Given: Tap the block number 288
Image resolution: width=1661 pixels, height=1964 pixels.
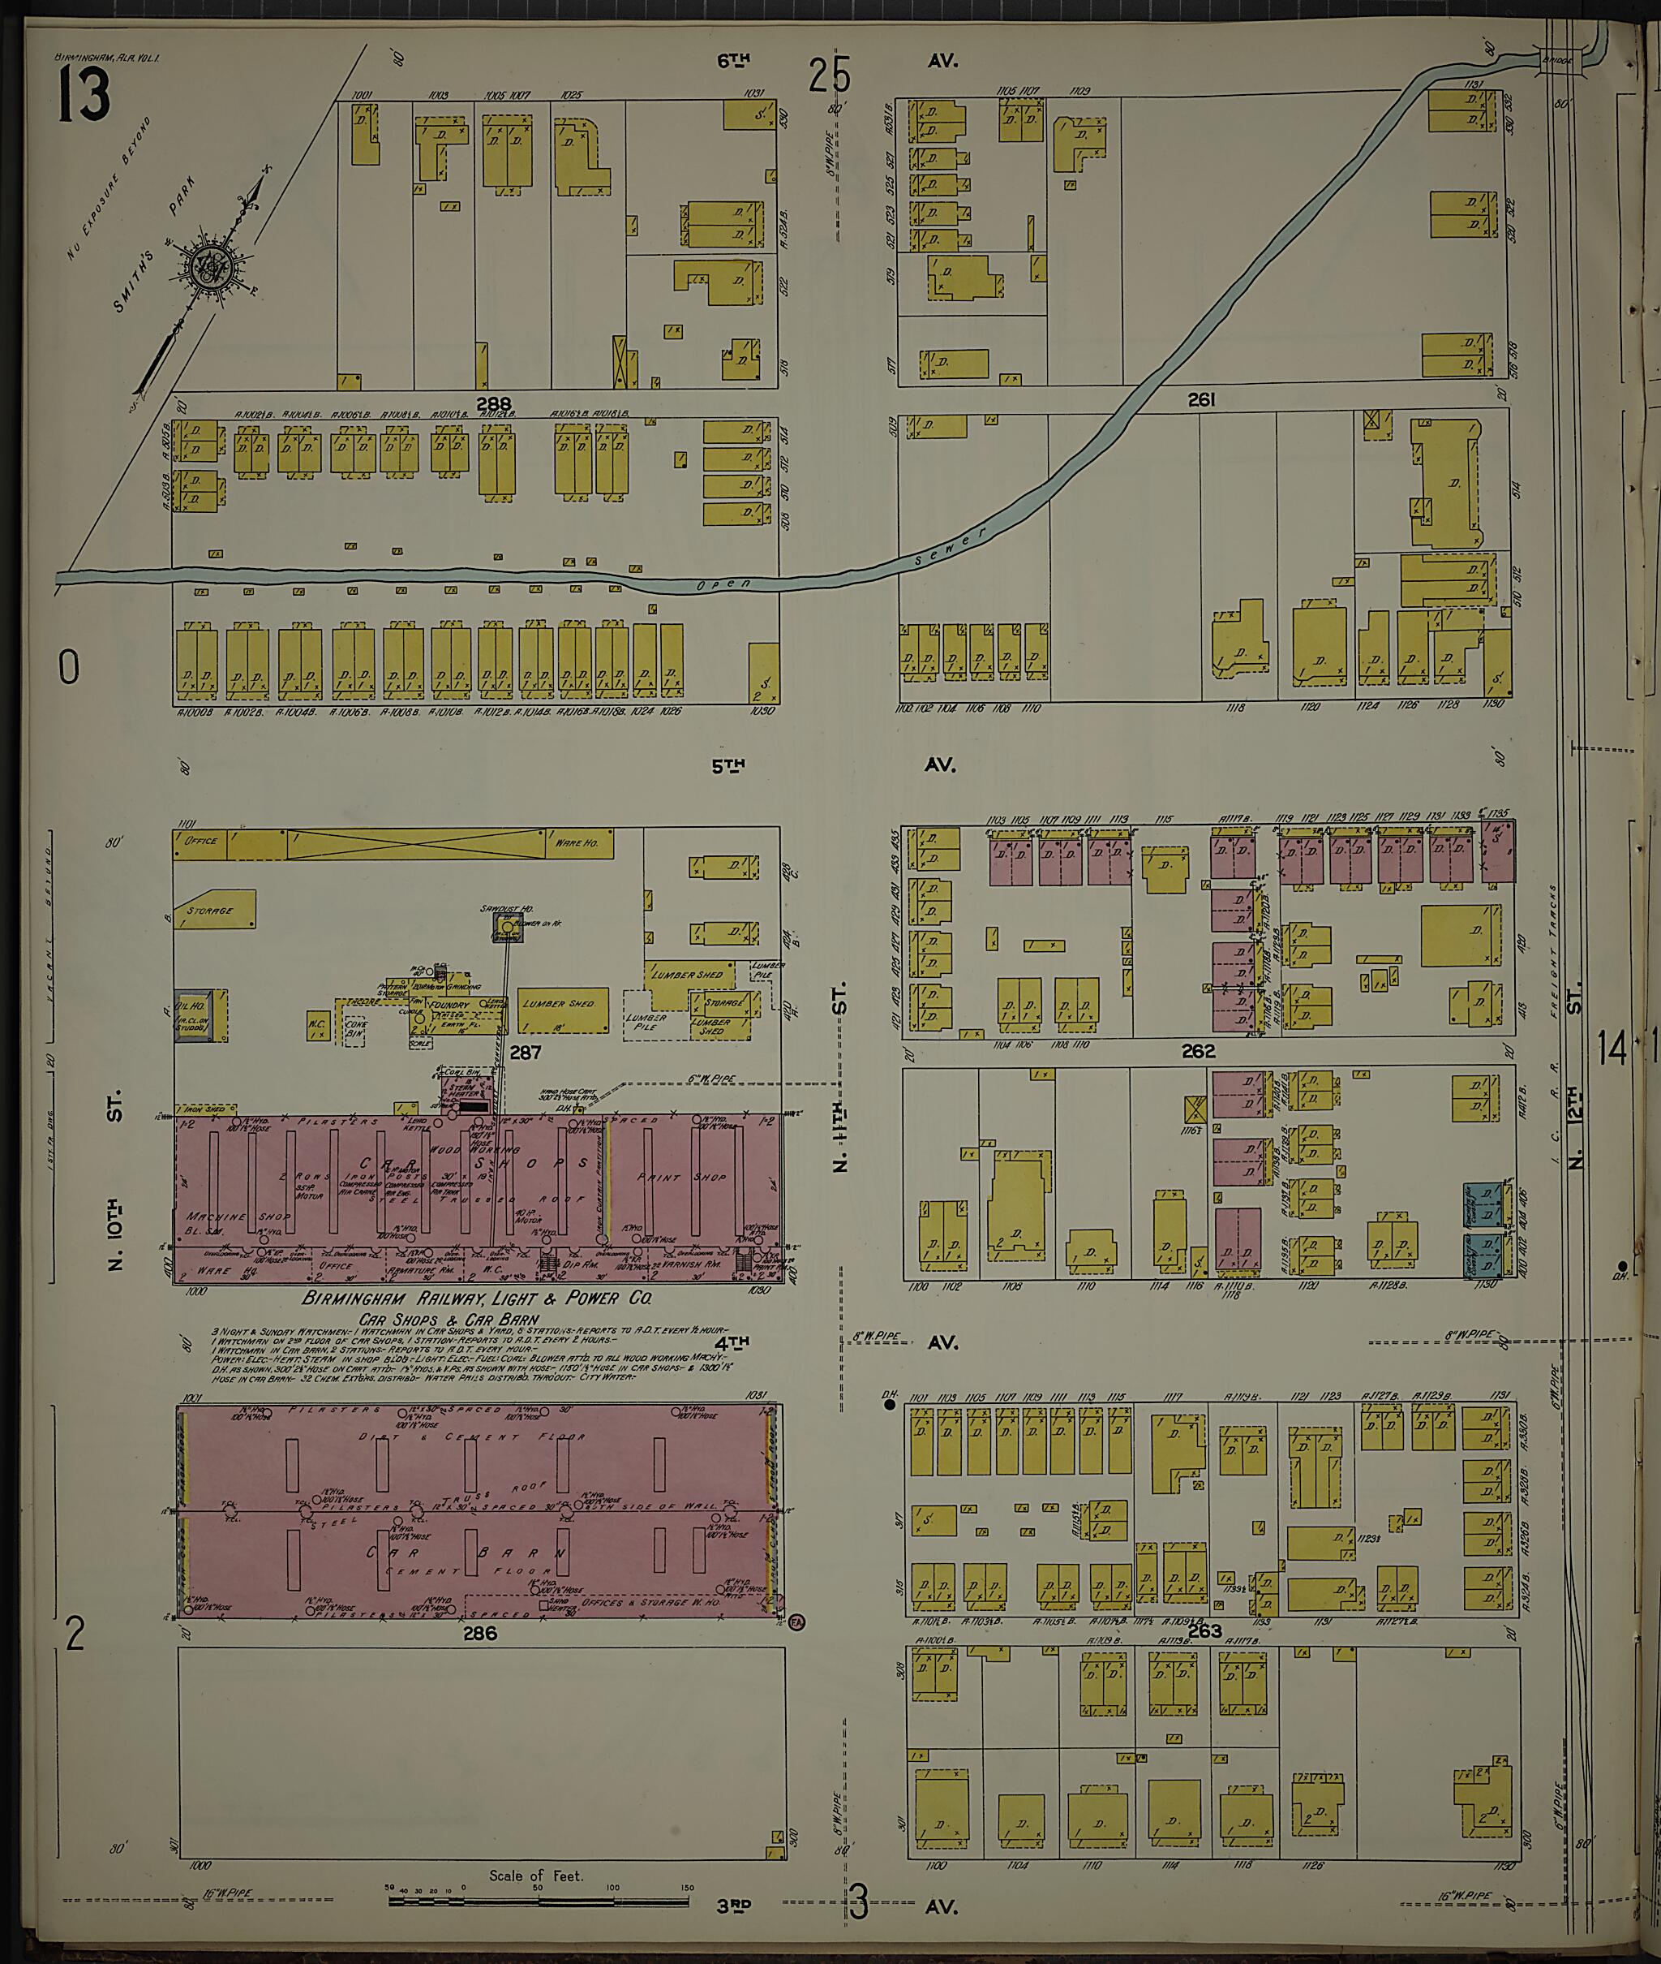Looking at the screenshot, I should tap(493, 403).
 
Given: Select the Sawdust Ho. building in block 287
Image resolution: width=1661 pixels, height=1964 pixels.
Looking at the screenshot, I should tap(508, 927).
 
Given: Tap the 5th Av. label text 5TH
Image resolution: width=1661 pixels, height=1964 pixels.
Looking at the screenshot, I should tap(727, 767).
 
